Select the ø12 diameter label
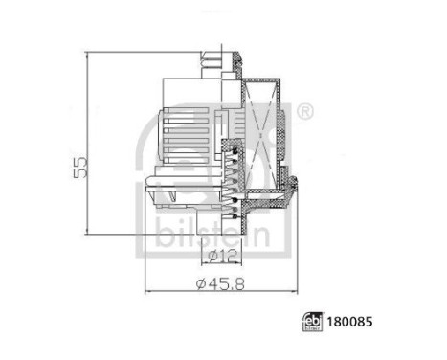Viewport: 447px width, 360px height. [x=219, y=257]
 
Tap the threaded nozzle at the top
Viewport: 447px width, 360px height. [x=213, y=66]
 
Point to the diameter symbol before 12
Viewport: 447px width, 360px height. [x=208, y=257]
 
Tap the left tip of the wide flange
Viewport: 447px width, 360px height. [x=145, y=191]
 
